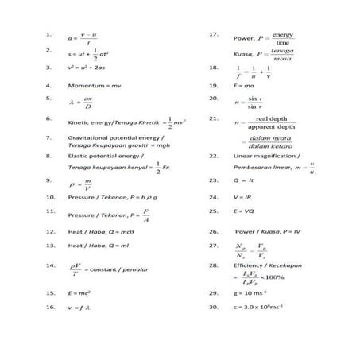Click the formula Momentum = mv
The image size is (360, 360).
(93, 84)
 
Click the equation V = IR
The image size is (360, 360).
(242, 195)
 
